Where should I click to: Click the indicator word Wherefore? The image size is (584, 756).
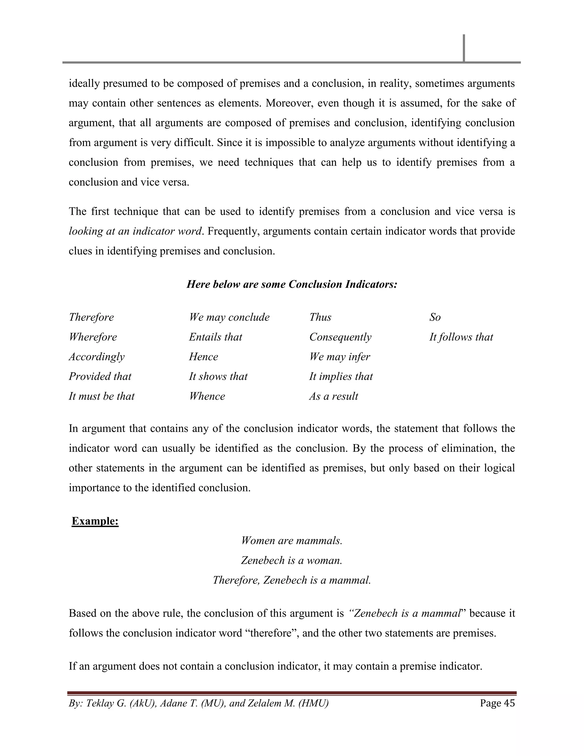[93, 337]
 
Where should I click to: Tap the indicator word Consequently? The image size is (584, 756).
[340, 337]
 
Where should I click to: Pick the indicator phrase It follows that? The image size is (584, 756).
[461, 337]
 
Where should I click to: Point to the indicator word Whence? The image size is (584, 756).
[207, 396]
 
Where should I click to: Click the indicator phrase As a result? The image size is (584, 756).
[334, 396]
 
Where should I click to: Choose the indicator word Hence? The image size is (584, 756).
[203, 357]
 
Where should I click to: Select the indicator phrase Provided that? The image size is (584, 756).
[100, 376]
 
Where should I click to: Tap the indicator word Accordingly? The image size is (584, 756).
[97, 357]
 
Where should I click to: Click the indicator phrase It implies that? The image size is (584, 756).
[341, 376]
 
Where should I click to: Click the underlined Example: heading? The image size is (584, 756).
[95, 521]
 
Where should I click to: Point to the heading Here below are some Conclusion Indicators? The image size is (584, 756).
[292, 284]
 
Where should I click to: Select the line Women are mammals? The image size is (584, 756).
[292, 540]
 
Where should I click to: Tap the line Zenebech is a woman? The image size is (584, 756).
[292, 560]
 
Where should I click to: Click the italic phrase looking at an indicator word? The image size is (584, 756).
[135, 231]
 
